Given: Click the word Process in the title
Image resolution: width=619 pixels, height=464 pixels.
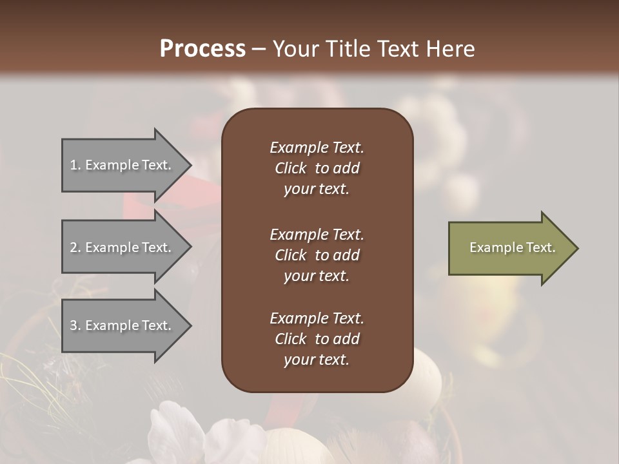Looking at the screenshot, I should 202,49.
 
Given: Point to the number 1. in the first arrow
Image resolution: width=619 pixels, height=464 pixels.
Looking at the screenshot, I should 75,165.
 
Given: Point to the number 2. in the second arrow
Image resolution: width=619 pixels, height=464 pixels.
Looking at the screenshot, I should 75,247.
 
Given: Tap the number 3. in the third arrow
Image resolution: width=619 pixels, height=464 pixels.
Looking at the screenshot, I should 75,325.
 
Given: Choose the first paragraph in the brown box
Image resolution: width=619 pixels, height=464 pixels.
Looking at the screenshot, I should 317,168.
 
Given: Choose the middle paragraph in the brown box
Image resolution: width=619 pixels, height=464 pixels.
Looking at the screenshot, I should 317,255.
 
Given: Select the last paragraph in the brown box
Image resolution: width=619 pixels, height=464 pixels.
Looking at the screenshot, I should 317,339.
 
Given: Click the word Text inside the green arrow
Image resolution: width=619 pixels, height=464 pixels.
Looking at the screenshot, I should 540,247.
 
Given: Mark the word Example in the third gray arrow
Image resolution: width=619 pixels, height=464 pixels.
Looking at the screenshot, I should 112,325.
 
